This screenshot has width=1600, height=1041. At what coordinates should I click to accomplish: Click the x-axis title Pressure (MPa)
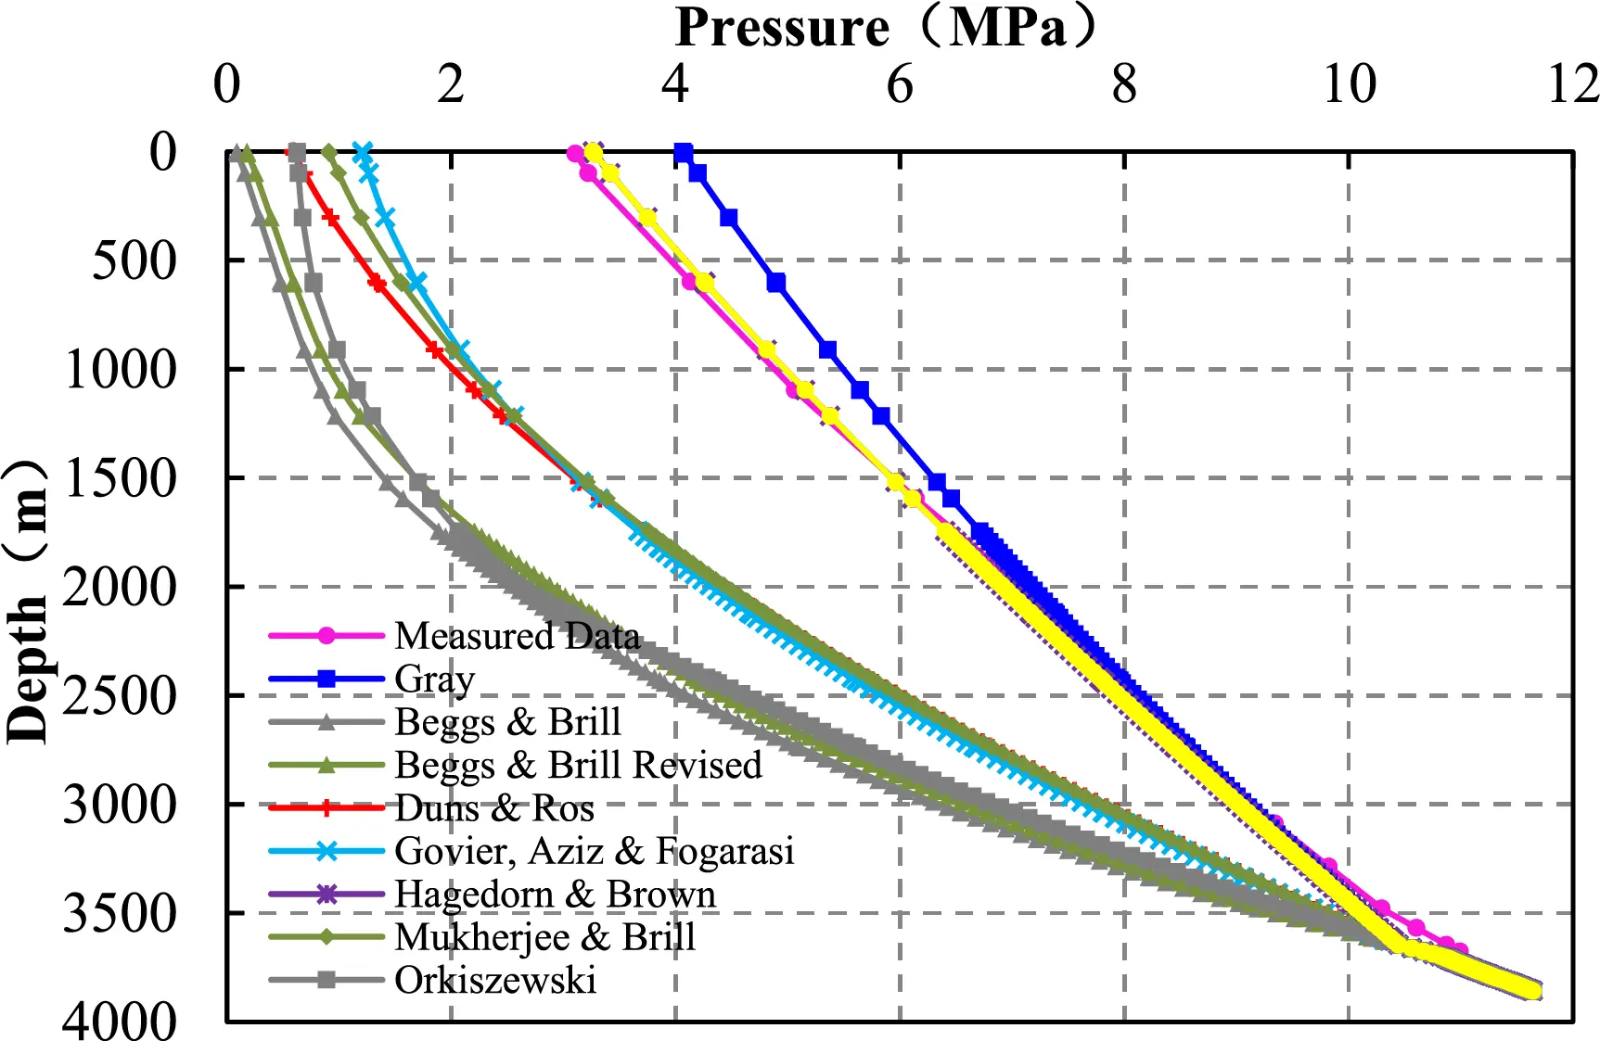pos(885,28)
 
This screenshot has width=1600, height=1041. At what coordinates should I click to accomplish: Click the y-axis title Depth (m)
pos(28,601)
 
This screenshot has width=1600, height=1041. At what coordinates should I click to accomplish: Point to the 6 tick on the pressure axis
pos(899,85)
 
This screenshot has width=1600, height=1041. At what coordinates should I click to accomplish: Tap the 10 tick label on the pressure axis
pos(1349,85)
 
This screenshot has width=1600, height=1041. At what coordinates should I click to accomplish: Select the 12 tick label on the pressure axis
pos(1573,85)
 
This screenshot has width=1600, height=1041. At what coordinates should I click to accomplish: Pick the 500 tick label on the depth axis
pos(134,260)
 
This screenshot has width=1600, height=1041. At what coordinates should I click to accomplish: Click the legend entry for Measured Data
pos(517,636)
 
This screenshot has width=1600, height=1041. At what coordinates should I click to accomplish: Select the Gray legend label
pos(434,679)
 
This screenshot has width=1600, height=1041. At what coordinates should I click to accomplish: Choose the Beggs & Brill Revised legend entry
pos(578,765)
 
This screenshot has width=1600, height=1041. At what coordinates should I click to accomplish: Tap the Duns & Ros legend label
pos(494,808)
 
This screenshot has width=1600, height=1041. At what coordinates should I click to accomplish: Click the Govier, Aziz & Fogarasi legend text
pos(594,851)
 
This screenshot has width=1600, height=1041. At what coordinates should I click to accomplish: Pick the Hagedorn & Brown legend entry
pos(555,895)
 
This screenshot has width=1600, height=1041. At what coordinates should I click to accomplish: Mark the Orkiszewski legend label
pos(494,980)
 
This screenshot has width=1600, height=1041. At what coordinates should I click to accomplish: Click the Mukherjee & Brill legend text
pos(544,937)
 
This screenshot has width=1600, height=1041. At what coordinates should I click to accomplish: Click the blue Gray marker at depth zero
pos(684,152)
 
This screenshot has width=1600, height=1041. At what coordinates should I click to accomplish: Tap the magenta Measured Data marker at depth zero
pos(575,153)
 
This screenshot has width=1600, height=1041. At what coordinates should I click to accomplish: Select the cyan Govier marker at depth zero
pos(363,151)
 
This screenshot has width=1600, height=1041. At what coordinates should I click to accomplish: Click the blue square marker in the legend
pos(326,679)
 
